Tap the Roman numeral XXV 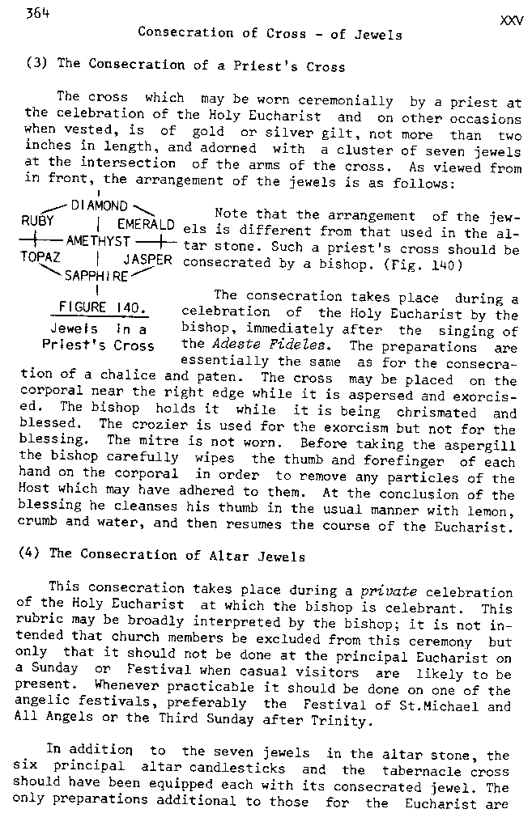[x=512, y=21]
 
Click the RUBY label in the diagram [x=38, y=220]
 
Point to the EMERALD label [x=147, y=224]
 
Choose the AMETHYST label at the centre [x=99, y=241]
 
